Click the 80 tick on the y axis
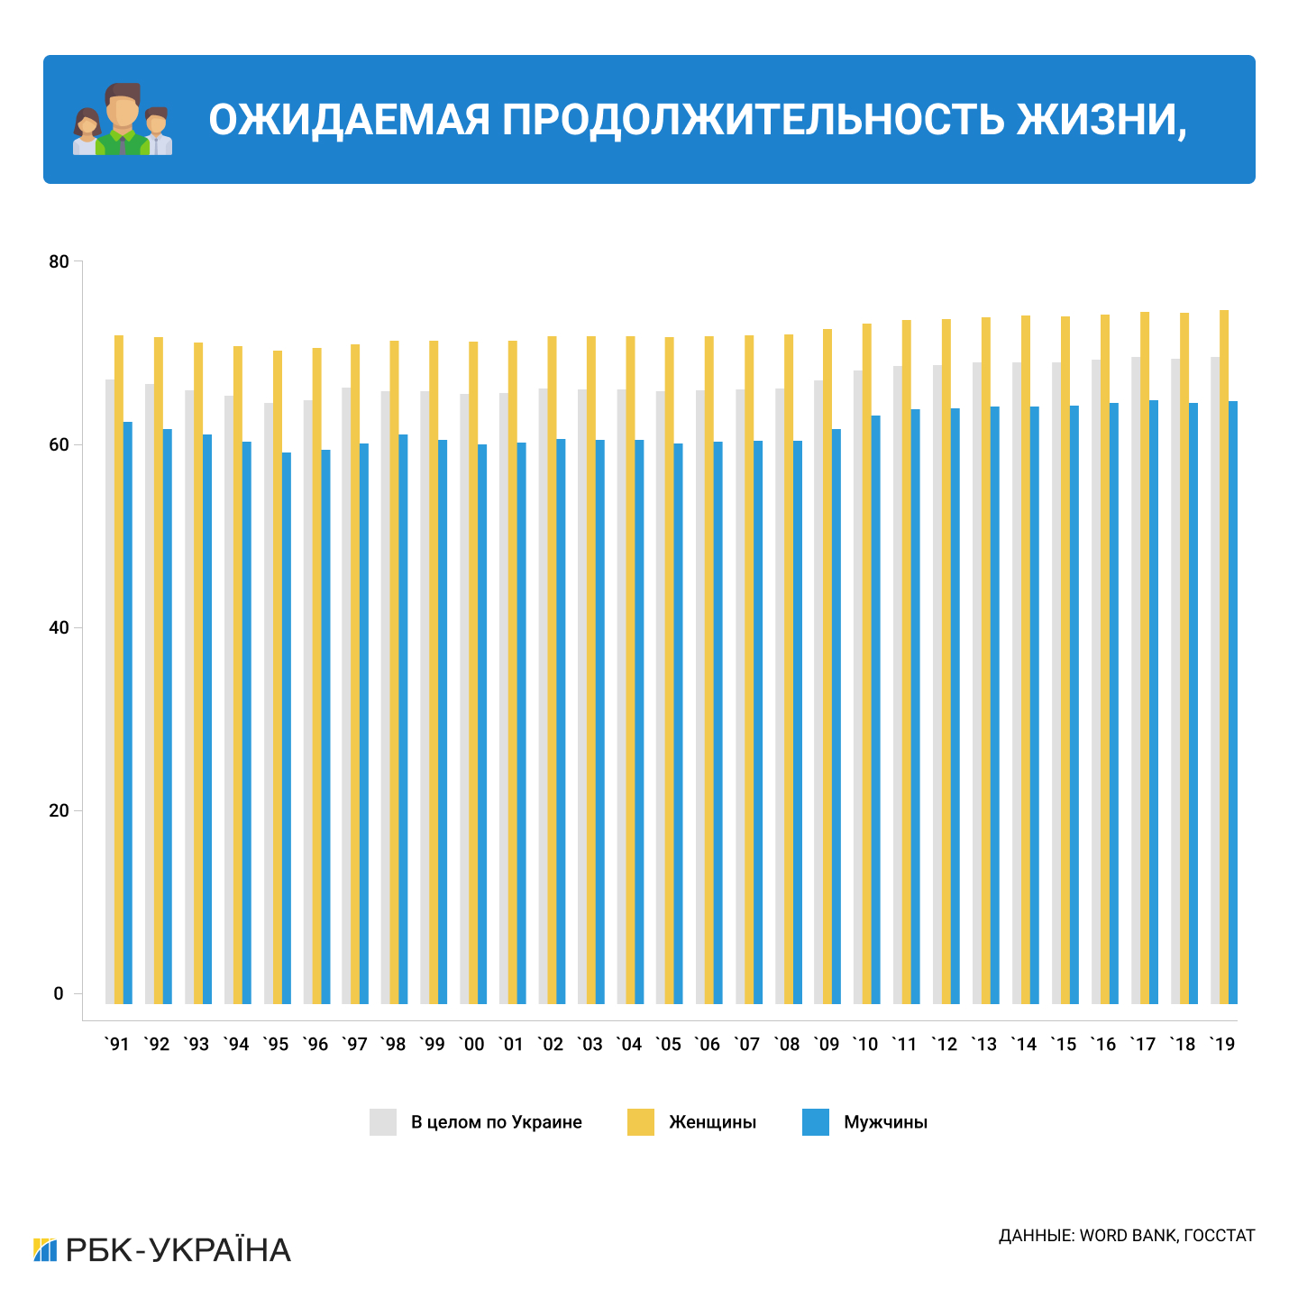59,262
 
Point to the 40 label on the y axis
59,627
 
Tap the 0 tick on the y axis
59,993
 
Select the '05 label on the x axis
669,1045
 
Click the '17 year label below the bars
1143,1045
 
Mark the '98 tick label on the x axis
393,1045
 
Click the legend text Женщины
712,1122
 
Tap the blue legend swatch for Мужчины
816,1122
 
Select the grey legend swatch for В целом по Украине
383,1122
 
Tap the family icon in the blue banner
123,120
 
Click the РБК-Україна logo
162,1250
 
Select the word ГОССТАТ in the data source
1219,1236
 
